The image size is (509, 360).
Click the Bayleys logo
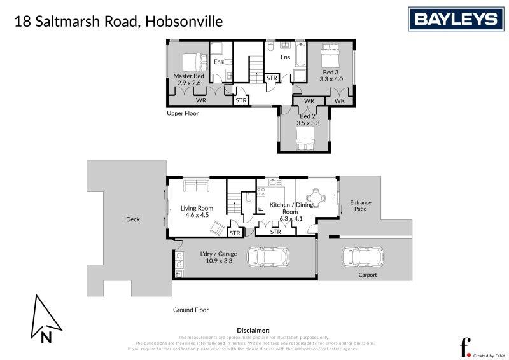(x=456, y=19)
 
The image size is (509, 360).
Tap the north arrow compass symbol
(x=45, y=319)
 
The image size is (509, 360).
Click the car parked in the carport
(x=363, y=257)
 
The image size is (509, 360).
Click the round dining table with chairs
(x=316, y=198)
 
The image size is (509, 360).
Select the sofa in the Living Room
(x=196, y=185)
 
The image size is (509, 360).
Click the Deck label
(x=132, y=219)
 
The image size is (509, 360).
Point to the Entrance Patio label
(x=361, y=206)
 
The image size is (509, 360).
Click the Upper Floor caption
(x=183, y=114)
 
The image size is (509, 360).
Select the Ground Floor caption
(x=191, y=310)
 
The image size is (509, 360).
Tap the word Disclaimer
(x=253, y=331)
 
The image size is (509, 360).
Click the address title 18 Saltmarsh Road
(x=118, y=22)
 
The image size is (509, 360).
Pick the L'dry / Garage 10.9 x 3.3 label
(x=218, y=258)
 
